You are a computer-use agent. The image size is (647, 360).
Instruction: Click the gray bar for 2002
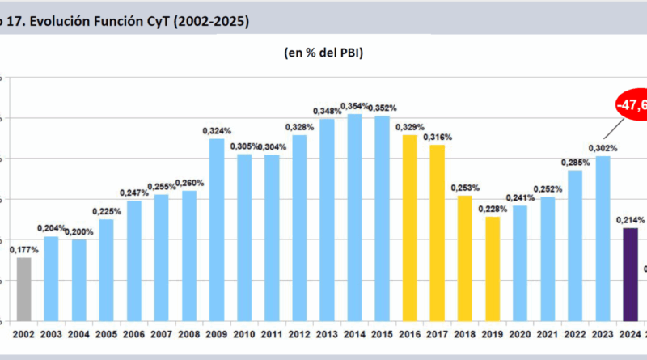[24, 289]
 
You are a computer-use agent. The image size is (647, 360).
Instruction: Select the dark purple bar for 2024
[630, 274]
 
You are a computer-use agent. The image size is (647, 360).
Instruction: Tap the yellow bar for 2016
[410, 227]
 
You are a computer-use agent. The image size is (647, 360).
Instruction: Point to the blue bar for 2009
[217, 230]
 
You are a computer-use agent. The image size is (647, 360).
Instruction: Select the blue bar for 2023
[603, 239]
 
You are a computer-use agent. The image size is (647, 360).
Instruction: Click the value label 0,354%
[354, 106]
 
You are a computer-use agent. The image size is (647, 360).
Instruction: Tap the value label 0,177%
[24, 250]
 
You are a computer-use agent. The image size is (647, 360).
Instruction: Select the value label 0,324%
[217, 130]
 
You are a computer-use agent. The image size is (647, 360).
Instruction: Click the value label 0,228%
[493, 209]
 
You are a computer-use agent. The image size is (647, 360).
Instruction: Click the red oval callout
[632, 106]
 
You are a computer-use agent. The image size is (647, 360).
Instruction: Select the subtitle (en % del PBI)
[323, 53]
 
